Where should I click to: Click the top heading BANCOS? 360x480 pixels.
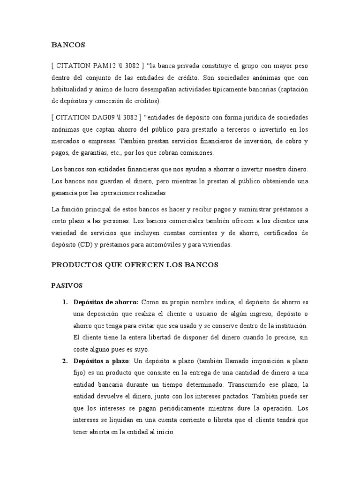[x=68, y=45]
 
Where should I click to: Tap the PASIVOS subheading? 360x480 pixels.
[x=67, y=285]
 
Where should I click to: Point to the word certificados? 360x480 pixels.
[x=277, y=233]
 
